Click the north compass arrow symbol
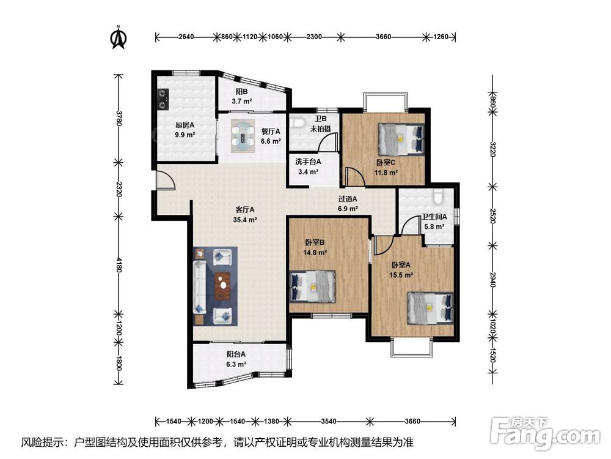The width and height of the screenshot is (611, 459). (119, 38)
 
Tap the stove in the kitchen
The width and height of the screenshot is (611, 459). (163, 99)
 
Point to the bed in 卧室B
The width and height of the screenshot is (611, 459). (313, 286)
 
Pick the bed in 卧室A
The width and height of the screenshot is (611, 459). (431, 308)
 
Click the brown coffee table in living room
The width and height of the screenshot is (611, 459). (222, 285)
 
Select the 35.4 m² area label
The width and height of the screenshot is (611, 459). (245, 220)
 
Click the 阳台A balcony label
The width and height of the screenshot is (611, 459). (236, 354)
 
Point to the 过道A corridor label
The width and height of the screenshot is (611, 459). (348, 199)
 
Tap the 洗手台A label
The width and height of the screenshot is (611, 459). (308, 162)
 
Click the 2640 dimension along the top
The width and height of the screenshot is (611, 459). (186, 37)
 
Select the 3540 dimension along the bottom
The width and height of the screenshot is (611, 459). (329, 421)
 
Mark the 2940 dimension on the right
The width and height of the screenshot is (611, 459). (492, 280)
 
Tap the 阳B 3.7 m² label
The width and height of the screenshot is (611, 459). (241, 96)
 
